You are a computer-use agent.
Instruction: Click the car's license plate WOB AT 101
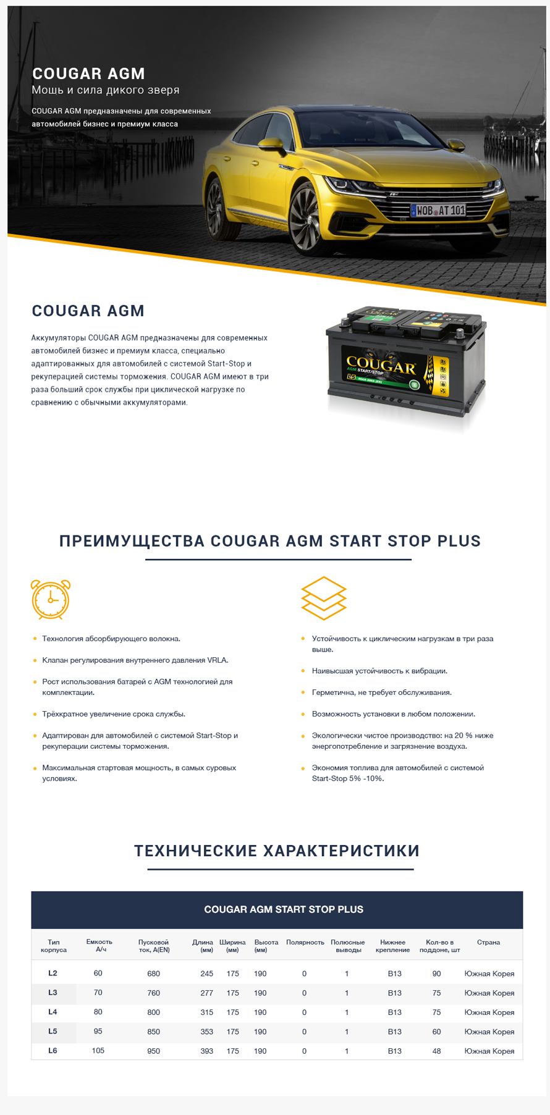[438, 210]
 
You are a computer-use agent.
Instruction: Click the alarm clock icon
[51, 599]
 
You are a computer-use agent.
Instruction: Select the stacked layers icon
[324, 598]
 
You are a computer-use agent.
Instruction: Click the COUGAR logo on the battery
[381, 365]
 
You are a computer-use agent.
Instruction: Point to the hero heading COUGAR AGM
[88, 74]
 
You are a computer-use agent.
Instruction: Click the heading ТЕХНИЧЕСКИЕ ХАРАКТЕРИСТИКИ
[277, 851]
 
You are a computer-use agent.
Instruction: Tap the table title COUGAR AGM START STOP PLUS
[284, 909]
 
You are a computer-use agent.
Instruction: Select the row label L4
[53, 1012]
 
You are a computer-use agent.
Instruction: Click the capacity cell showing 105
[98, 1050]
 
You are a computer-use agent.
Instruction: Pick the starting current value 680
[153, 974]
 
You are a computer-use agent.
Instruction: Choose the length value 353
[206, 1032]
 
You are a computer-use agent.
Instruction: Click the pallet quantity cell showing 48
[436, 1051]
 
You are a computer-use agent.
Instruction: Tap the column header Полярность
[305, 942]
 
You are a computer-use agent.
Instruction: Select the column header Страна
[488, 942]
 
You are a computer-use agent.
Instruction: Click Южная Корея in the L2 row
[489, 974]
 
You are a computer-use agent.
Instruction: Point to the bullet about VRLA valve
[135, 660]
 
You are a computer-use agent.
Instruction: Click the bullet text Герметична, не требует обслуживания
[382, 692]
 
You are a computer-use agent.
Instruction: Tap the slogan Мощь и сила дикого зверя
[106, 90]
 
